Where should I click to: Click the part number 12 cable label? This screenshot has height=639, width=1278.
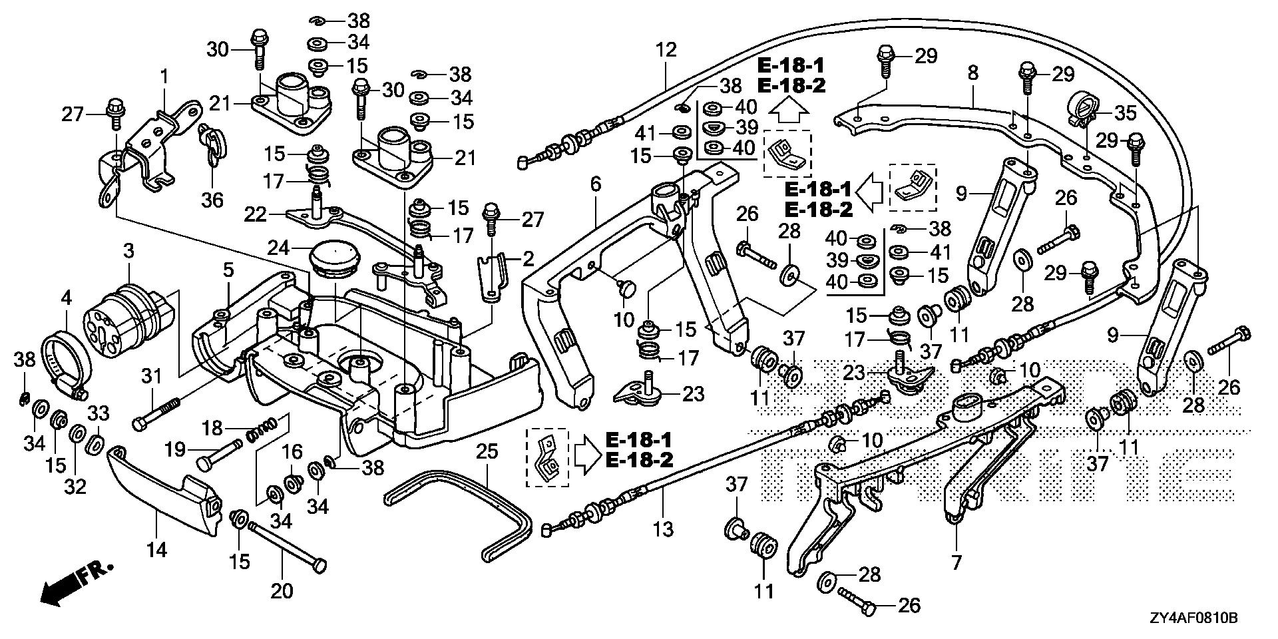[x=666, y=50]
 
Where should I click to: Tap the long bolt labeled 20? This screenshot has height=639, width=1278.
[x=286, y=545]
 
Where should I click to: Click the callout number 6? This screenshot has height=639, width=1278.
[x=595, y=184]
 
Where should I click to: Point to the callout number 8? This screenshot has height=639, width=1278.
[x=973, y=73]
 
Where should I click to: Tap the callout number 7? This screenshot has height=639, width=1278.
[x=957, y=562]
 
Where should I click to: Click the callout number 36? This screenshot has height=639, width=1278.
[x=212, y=200]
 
